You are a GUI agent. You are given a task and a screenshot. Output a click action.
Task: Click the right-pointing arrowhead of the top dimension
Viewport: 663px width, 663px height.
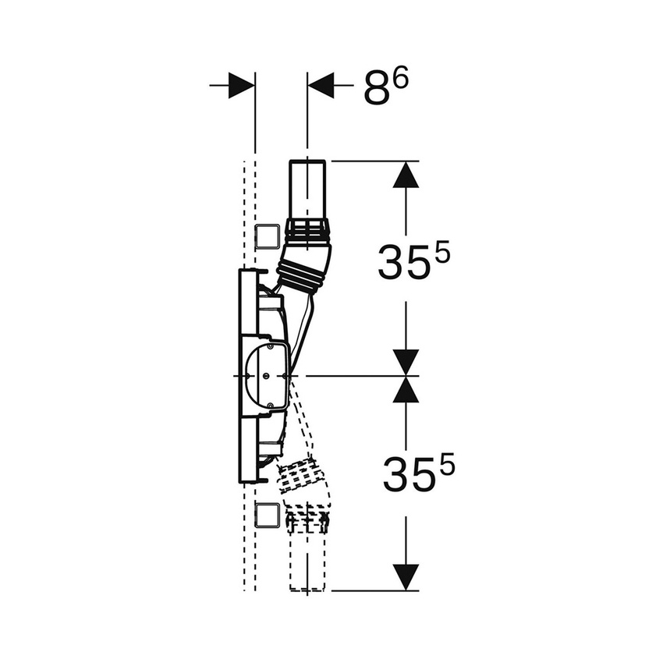241,86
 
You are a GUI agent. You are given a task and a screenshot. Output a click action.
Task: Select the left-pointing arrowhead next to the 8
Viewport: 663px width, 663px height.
321,86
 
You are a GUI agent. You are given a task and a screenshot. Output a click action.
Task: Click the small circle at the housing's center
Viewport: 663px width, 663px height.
268,376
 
